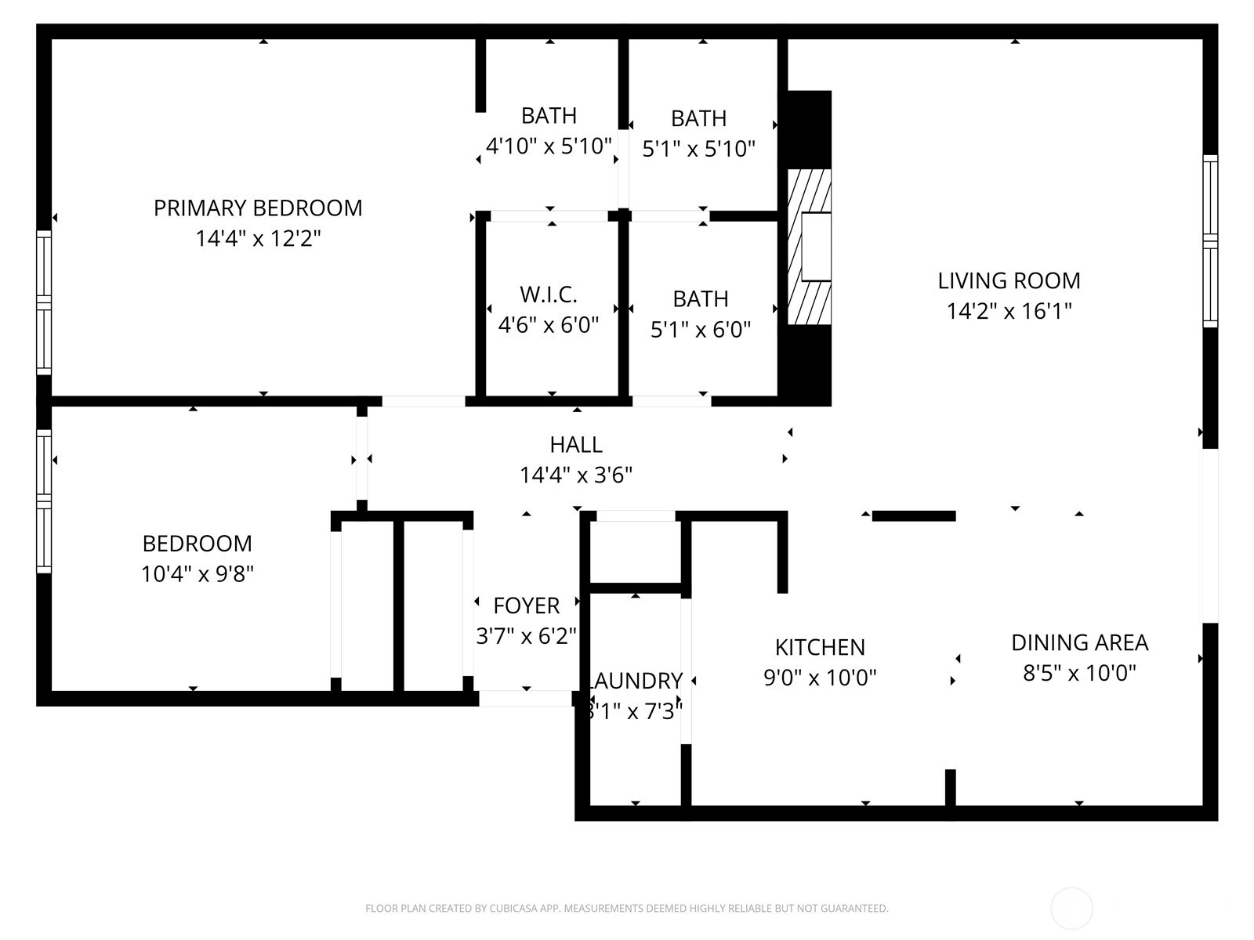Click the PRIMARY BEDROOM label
pyautogui.click(x=258, y=208)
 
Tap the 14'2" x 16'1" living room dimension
pyautogui.click(x=1009, y=311)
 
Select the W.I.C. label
pyautogui.click(x=549, y=295)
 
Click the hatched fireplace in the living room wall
pyautogui.click(x=808, y=247)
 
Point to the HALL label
pyautogui.click(x=576, y=445)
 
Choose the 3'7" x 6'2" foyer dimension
pyautogui.click(x=527, y=635)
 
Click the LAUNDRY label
pyautogui.click(x=635, y=681)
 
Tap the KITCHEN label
pyautogui.click(x=820, y=647)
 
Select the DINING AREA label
pyautogui.click(x=1079, y=642)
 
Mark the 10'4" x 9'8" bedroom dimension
pyautogui.click(x=198, y=574)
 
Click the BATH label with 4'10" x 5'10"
pyautogui.click(x=549, y=116)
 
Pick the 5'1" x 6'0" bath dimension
pyautogui.click(x=701, y=329)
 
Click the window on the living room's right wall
pyautogui.click(x=1210, y=241)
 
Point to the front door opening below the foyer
pyautogui.click(x=526, y=699)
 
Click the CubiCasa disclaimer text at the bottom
pyautogui.click(x=626, y=909)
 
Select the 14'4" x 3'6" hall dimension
pyautogui.click(x=576, y=475)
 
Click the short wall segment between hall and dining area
pyautogui.click(x=914, y=515)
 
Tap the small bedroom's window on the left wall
pyautogui.click(x=44, y=501)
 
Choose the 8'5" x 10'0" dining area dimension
pyautogui.click(x=1079, y=673)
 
